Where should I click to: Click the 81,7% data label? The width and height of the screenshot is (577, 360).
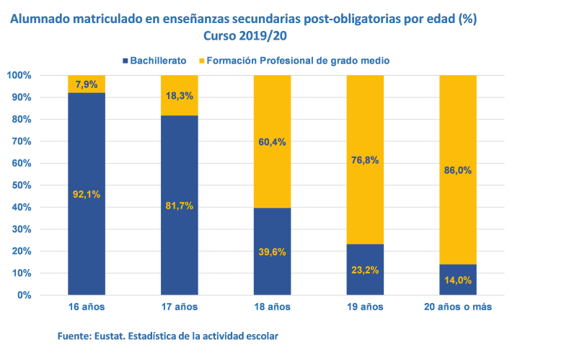tap(179, 206)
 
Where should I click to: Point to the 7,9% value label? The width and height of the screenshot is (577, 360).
tap(87, 84)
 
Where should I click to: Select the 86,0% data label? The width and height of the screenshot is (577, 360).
tap(458, 171)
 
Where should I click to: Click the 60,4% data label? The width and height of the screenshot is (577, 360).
tap(272, 142)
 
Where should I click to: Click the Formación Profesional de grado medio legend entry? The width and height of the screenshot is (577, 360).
tap(297, 61)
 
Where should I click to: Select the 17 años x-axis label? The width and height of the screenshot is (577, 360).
tap(179, 307)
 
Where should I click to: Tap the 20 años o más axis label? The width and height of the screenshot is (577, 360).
tap(458, 307)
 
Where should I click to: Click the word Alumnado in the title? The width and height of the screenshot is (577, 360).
tap(40, 19)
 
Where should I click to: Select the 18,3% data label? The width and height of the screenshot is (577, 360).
tap(179, 95)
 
